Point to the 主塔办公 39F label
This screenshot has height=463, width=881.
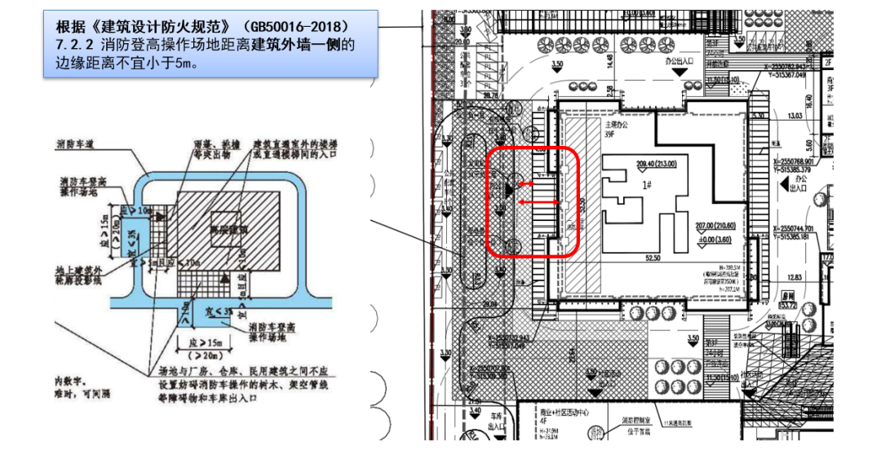(613, 130)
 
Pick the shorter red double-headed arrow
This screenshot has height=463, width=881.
(532, 183)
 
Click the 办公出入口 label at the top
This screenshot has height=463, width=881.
(678, 61)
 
